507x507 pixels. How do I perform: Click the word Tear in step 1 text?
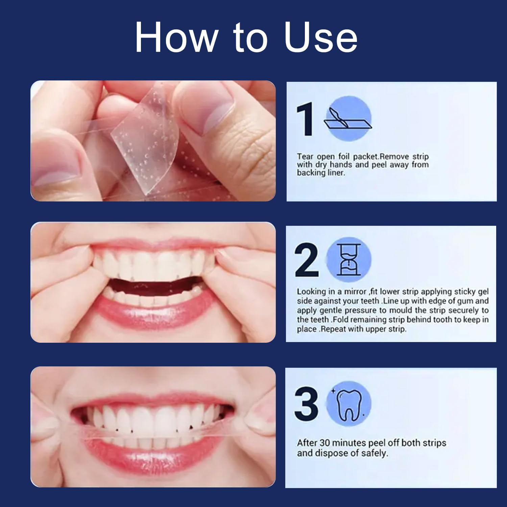point(305,157)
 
